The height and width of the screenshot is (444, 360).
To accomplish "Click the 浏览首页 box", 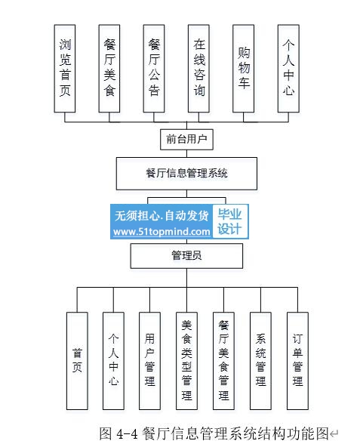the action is pyautogui.click(x=65, y=69).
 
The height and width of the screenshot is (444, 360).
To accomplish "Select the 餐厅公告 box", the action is pyautogui.click(x=154, y=69).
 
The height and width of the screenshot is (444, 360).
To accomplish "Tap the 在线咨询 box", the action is pyautogui.click(x=199, y=69).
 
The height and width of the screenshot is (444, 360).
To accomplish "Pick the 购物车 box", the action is pyautogui.click(x=243, y=69).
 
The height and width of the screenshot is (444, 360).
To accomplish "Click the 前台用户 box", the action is pyautogui.click(x=187, y=139).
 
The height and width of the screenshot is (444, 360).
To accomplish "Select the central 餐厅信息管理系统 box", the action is pyautogui.click(x=187, y=174).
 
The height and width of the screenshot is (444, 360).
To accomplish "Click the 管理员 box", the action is pyautogui.click(x=187, y=256).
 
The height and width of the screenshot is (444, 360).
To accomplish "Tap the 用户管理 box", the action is pyautogui.click(x=149, y=361).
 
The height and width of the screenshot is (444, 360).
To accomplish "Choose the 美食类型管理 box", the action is pyautogui.click(x=187, y=361).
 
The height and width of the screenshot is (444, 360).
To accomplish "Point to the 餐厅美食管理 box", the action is pyautogui.click(x=223, y=361).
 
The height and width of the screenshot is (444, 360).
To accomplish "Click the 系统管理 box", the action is pyautogui.click(x=260, y=361).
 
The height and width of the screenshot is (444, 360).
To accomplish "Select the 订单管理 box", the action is pyautogui.click(x=297, y=361).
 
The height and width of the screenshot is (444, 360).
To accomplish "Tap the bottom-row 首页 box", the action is pyautogui.click(x=77, y=361).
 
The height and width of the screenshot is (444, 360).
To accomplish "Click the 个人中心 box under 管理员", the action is pyautogui.click(x=113, y=361).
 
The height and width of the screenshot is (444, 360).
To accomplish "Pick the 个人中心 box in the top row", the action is pyautogui.click(x=288, y=69).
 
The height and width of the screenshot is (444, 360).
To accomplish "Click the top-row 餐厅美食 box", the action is pyautogui.click(x=109, y=69).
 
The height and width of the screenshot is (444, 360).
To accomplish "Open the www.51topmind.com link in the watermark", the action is pyautogui.click(x=162, y=232).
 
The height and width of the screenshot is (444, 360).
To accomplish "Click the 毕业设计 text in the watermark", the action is pyautogui.click(x=229, y=222).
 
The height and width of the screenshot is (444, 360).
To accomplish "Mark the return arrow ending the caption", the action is pyautogui.click(x=334, y=433).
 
